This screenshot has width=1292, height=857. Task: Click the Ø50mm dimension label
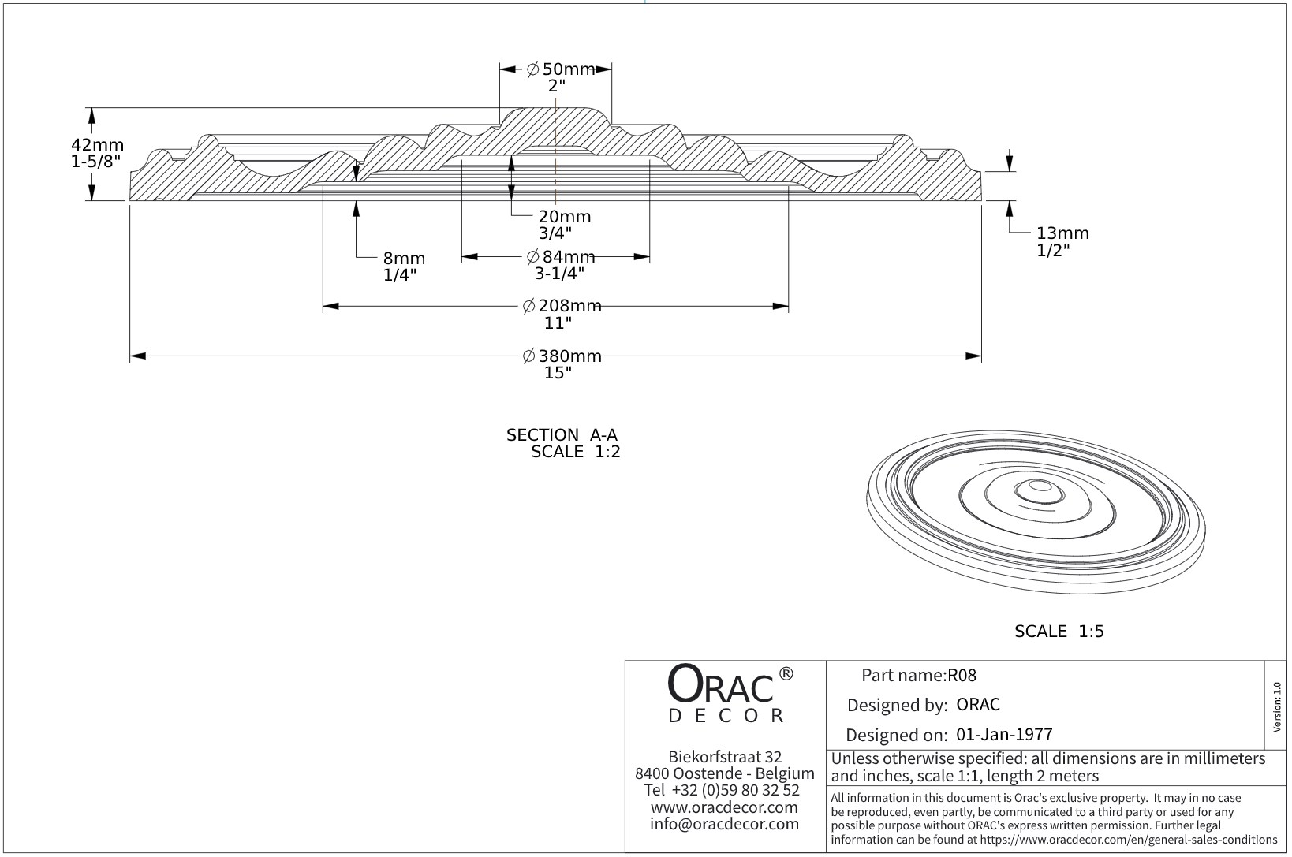pos(561,69)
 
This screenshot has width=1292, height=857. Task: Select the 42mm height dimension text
pos(98,145)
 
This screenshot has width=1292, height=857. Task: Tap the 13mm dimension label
pos(1062,233)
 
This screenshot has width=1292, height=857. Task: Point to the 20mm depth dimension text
pos(564,216)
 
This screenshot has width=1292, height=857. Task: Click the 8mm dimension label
pos(404,259)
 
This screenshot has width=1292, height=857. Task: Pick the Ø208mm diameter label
pos(562,306)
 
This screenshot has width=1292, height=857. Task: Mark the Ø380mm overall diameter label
pos(562,356)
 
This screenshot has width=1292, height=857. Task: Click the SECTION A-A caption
pos(562,435)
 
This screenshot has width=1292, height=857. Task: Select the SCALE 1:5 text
pos(1059,632)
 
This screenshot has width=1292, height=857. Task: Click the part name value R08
pos(962,676)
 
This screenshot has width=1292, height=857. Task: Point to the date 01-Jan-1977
pos(1004,735)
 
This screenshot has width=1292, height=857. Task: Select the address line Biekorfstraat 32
pos(725,757)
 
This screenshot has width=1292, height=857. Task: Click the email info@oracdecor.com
pos(725,824)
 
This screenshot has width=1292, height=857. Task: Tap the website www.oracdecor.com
pos(724,807)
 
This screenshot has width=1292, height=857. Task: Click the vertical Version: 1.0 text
pos(1277,706)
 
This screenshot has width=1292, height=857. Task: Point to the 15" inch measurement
pos(558,373)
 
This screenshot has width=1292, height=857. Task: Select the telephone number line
pos(722,791)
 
